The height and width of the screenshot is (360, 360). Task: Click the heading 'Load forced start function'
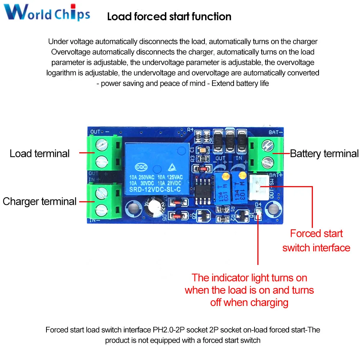[x=169, y=17]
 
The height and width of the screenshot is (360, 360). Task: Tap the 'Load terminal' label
[x=40, y=153]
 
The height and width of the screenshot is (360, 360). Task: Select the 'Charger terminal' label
[x=40, y=201]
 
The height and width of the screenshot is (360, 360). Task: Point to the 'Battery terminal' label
[x=324, y=154]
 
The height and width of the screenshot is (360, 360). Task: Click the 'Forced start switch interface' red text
[x=316, y=240]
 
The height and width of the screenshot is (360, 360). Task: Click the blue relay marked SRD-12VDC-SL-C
[x=157, y=168]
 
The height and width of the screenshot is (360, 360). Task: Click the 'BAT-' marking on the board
[x=276, y=132]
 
